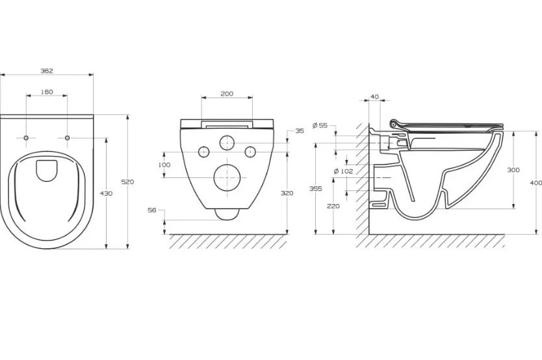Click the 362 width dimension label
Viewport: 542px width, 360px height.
[47, 71]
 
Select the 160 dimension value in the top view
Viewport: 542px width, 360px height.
[47, 92]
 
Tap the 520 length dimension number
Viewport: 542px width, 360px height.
[127, 182]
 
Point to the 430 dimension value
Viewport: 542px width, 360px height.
[106, 194]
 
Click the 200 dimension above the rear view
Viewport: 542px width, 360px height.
[227, 94]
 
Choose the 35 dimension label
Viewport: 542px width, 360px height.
[300, 131]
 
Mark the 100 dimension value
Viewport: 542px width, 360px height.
[164, 165]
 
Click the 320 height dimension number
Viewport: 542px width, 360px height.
[287, 193]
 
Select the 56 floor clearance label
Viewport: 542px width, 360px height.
[151, 210]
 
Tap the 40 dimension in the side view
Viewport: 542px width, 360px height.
[375, 97]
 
